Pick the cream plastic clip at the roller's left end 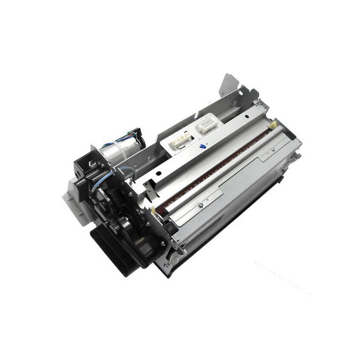click(x=154, y=210)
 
